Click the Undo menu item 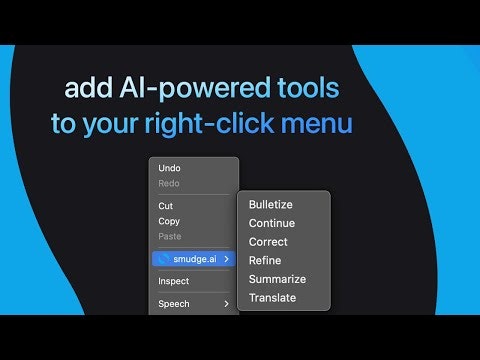(169, 168)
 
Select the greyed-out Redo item (169, 183)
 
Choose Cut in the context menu (166, 206)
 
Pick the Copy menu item (169, 221)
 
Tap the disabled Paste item (170, 236)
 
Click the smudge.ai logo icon (163, 258)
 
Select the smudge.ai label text (194, 258)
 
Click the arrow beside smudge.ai (227, 258)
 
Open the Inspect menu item (173, 281)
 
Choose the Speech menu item (173, 303)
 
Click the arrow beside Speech (227, 303)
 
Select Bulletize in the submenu (270, 204)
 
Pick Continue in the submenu (271, 223)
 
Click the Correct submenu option (268, 242)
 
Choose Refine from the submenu (265, 261)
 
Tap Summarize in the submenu (277, 279)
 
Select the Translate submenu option (272, 298)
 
